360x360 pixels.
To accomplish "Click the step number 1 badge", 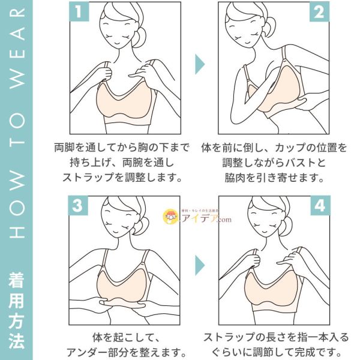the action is [79, 12].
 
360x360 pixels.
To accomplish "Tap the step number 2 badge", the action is [319, 12].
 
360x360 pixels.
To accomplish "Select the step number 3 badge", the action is [78, 205].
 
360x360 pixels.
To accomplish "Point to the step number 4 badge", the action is [320, 205].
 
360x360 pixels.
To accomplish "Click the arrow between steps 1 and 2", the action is [199, 64].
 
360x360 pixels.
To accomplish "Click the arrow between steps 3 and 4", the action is [200, 265].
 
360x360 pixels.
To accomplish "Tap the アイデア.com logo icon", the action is [170, 216].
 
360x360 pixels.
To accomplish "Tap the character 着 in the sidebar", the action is [16, 280].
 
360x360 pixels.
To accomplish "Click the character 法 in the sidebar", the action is [16, 340].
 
